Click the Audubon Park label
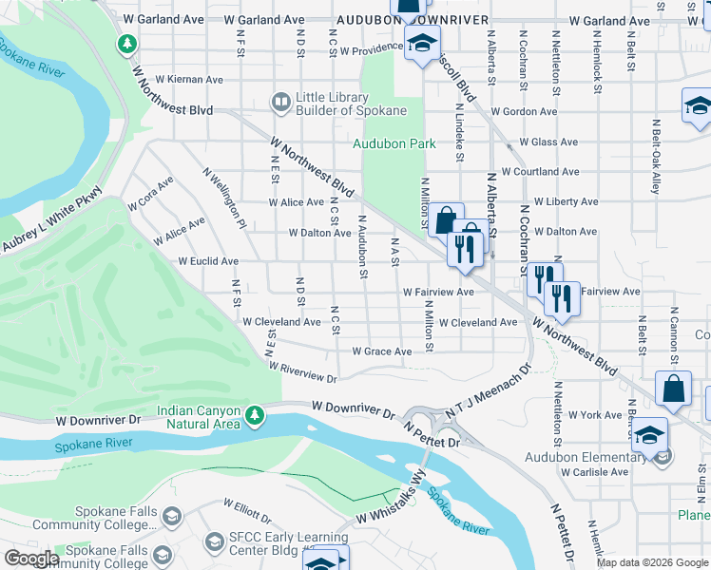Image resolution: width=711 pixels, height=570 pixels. tap(394, 143)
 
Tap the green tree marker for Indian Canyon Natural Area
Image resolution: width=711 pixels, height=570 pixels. tap(254, 415)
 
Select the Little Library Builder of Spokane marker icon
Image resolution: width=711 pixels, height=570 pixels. tap(280, 101)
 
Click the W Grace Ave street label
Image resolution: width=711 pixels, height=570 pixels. tap(381, 351)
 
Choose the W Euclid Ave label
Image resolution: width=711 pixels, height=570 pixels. tap(208, 261)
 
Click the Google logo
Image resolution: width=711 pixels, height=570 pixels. tap(31, 559)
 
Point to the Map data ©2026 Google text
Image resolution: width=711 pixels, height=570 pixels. tap(651, 562)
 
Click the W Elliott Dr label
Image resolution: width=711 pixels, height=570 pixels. tap(247, 509)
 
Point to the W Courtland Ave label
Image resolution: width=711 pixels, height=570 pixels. tap(540, 172)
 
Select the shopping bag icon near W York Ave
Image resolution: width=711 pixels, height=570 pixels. tap(673, 389)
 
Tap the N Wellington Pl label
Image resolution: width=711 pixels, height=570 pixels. tap(224, 198)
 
